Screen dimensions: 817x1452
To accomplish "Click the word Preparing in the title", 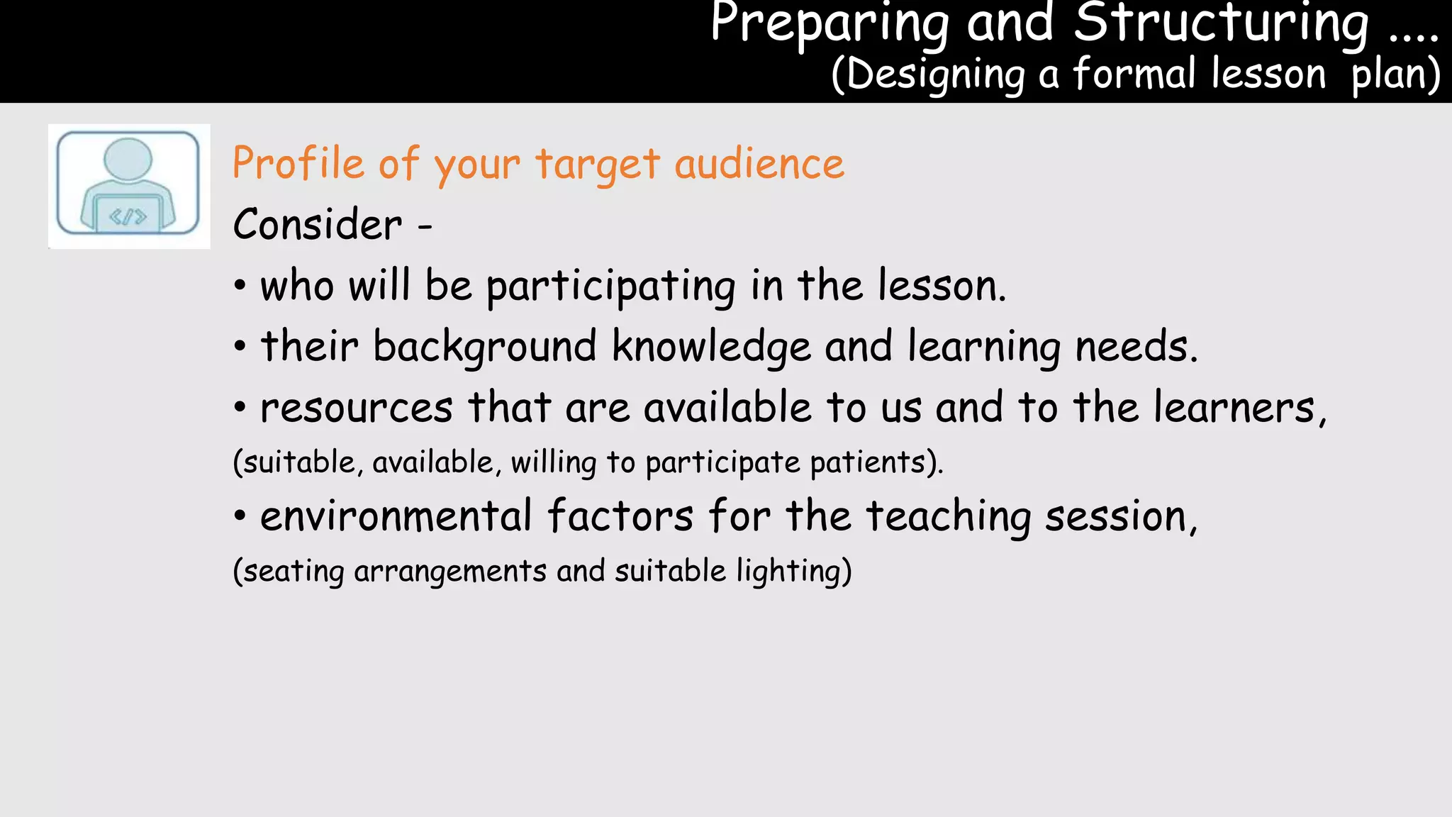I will point(830,25).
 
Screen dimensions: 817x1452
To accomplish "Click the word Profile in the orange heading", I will point(298,163).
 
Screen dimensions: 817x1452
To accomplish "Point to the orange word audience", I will point(759,164).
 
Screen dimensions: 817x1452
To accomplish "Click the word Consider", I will point(318,225).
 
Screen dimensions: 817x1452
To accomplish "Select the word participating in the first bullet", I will point(611,287).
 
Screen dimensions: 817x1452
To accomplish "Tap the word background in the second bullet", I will point(485,347).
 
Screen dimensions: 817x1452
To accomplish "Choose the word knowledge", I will point(711,347).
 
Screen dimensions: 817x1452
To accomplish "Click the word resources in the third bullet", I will point(357,408).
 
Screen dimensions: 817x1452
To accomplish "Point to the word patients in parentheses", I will point(869,462).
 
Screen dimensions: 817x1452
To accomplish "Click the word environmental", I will point(396,516).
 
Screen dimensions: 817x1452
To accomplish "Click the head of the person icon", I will point(128,158).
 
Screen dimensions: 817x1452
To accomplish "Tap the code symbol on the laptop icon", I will point(128,217).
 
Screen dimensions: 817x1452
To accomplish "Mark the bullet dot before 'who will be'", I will point(240,287).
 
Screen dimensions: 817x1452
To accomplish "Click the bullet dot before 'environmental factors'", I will point(240,516).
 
